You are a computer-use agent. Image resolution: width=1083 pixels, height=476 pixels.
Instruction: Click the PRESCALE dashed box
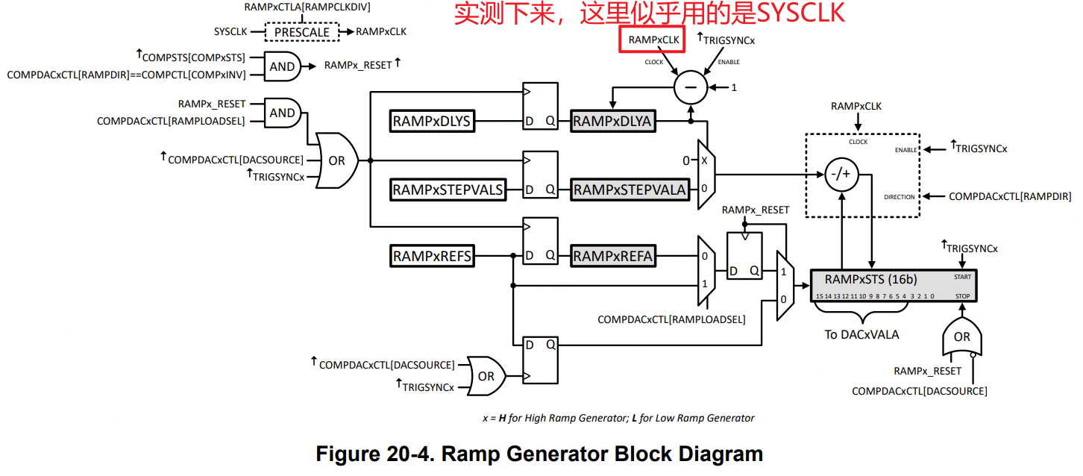(302, 32)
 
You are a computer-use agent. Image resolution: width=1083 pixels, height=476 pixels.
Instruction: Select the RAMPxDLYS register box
(433, 120)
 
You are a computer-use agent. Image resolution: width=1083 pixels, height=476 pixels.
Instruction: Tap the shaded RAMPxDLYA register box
(612, 120)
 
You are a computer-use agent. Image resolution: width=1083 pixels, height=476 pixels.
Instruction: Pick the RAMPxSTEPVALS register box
(448, 190)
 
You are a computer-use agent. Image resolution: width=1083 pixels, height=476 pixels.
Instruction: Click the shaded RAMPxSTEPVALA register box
(630, 190)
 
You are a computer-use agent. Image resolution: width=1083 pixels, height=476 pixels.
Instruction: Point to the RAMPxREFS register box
(433, 256)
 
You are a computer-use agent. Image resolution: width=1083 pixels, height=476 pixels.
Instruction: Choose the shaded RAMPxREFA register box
(613, 256)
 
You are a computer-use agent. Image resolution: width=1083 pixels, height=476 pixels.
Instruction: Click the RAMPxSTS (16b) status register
(894, 286)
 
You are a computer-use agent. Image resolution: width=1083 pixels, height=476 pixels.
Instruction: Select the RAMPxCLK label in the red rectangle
(651, 40)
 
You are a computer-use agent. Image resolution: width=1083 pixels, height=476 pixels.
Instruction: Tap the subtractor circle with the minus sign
(690, 88)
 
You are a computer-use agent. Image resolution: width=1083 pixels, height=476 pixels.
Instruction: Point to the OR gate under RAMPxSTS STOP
(961, 336)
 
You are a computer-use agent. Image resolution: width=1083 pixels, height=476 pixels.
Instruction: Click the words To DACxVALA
(861, 334)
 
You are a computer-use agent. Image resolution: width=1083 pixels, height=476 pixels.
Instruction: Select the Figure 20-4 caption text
(539, 454)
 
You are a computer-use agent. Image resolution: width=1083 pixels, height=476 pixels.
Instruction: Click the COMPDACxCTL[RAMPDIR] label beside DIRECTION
(1010, 197)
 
